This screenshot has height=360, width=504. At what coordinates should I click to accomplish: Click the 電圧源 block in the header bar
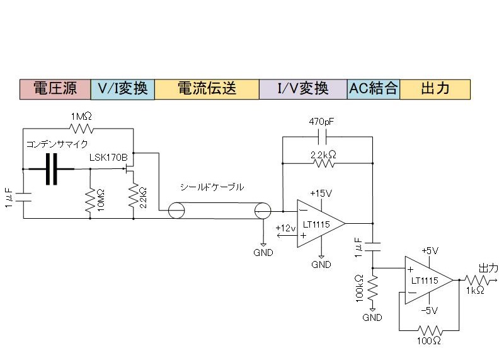click(55, 89)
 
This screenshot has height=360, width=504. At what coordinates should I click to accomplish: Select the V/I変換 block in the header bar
click(122, 89)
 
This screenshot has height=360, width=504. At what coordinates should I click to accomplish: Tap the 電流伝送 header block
click(207, 89)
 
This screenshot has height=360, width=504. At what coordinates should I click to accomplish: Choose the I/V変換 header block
click(303, 89)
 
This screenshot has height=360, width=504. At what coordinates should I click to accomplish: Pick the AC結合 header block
click(374, 89)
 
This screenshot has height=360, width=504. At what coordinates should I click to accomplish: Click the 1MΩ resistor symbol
click(81, 129)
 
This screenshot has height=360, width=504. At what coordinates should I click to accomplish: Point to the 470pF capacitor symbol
click(322, 137)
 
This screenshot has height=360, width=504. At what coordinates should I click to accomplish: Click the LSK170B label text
click(108, 158)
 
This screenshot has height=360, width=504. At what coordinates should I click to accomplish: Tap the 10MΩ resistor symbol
click(90, 200)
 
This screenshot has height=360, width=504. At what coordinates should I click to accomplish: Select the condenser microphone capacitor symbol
click(52, 169)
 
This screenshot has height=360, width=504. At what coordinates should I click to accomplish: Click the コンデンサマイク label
click(57, 144)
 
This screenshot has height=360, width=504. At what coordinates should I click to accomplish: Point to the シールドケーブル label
click(212, 187)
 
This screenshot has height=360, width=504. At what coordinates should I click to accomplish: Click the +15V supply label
click(321, 194)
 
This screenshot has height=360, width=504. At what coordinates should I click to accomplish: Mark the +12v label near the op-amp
click(285, 228)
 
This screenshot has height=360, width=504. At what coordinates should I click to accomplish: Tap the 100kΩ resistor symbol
click(373, 288)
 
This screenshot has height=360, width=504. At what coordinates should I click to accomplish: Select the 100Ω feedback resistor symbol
click(430, 330)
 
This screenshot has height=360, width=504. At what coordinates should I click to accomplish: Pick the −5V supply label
click(430, 310)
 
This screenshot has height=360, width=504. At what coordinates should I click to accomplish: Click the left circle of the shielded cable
click(176, 211)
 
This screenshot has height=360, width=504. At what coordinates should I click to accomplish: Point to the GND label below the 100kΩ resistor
click(372, 318)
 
